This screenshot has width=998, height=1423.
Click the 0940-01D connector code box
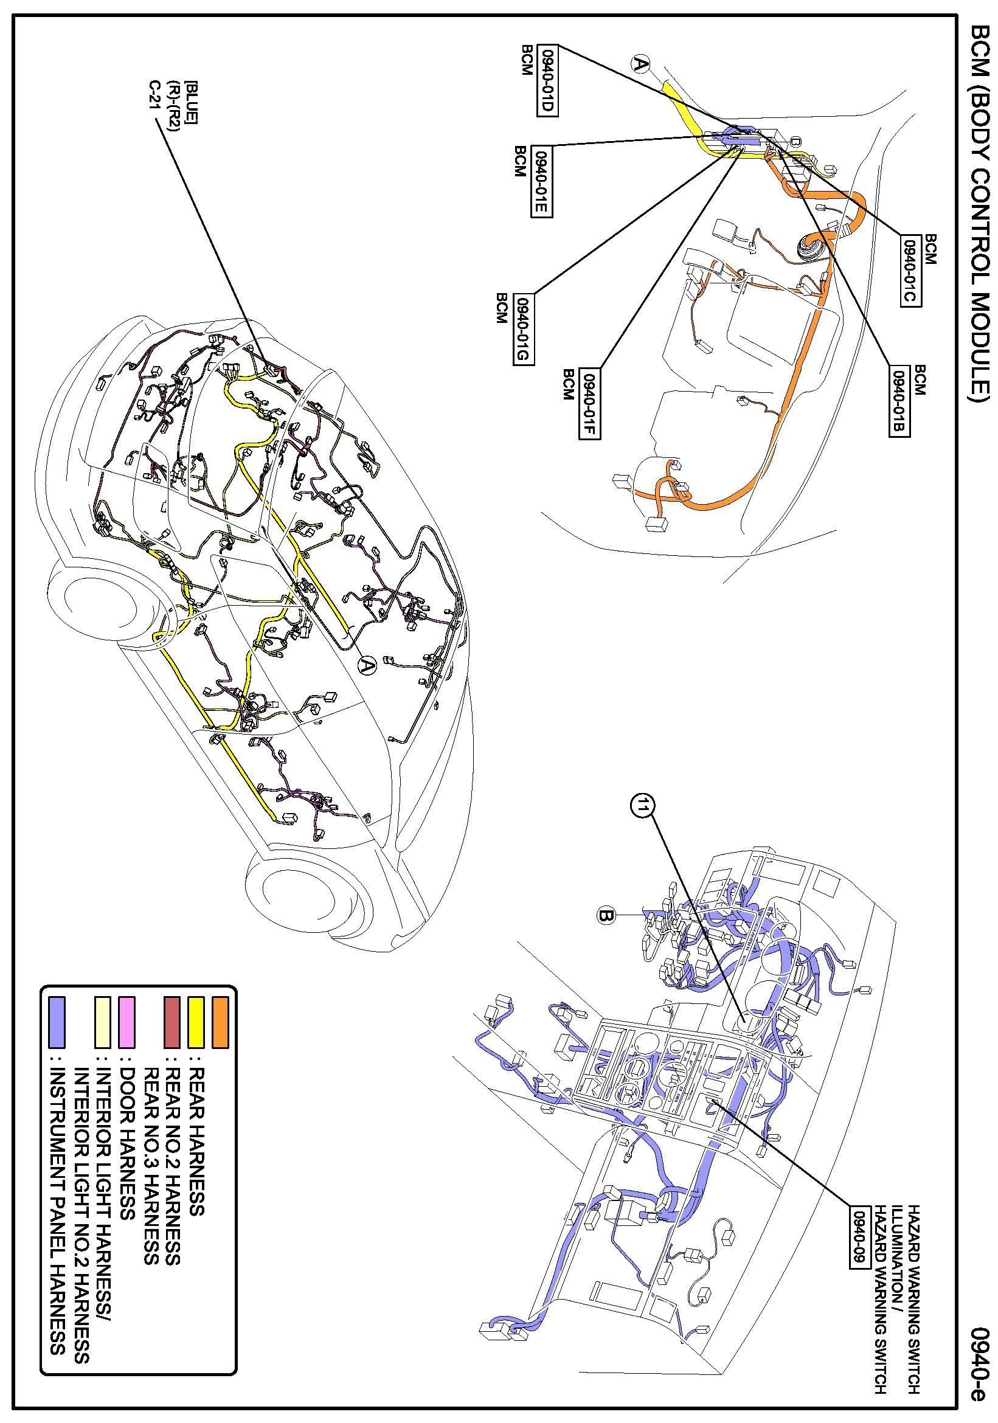pos(547,80)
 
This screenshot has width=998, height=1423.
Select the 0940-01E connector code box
pos(541,182)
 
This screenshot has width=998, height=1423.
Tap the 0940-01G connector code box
pos(523,329)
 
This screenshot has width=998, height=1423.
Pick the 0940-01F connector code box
pos(589,403)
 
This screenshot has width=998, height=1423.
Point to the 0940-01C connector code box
pos(910,271)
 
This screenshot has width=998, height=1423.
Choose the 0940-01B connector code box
pos(899,401)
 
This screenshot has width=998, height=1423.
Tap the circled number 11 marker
pos(642,806)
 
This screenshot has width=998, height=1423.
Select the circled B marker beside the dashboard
pos(606,915)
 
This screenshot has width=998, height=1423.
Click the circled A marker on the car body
pos(367,666)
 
